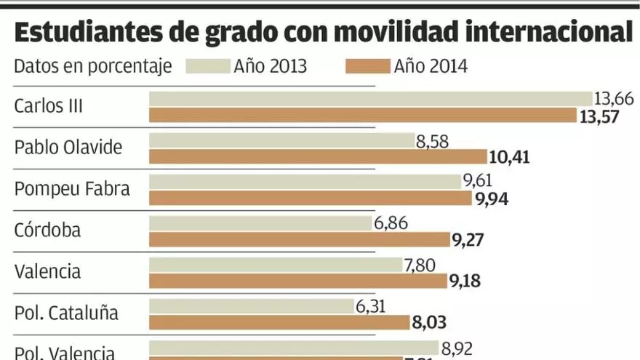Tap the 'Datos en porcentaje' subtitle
click(x=93, y=67)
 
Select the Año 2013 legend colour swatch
click(x=207, y=67)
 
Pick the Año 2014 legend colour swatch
click(x=367, y=67)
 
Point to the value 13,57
click(x=599, y=116)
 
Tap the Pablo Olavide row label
click(x=68, y=148)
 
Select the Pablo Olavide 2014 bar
click(x=318, y=156)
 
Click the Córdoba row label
click(x=48, y=231)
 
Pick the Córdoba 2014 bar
click(x=300, y=239)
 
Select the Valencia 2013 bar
click(x=276, y=265)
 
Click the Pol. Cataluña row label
click(x=66, y=313)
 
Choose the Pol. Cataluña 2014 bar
click(x=280, y=322)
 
